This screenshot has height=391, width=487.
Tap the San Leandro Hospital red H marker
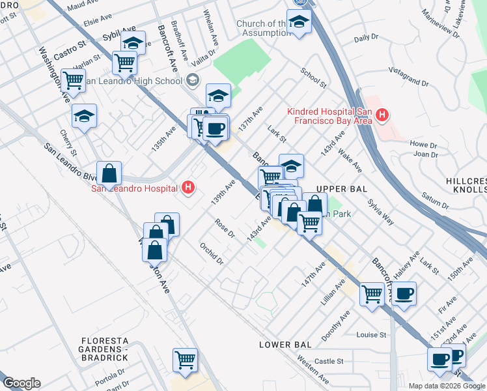pos(188,188)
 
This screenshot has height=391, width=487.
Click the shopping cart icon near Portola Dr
pos(185,359)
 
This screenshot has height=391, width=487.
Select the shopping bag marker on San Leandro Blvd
pos(109,174)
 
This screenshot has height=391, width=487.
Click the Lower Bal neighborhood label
pos(285,343)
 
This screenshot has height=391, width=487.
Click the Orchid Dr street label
pos(212,253)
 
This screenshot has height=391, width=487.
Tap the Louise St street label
pos(371,335)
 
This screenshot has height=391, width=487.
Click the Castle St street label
pos(329,361)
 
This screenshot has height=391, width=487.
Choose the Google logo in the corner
pos(21,383)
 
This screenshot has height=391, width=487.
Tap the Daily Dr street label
pos(366,38)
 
